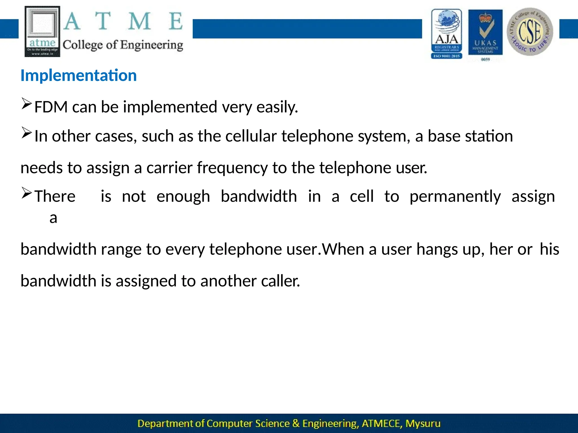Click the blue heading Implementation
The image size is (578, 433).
[78, 76]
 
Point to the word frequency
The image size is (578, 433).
[232, 168]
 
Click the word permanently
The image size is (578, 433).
[455, 196]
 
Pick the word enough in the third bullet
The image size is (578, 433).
[183, 196]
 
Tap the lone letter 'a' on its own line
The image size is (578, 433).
[53, 218]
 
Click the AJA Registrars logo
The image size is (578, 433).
[446, 34]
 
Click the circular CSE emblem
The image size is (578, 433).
[530, 32]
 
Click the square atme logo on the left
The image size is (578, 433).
[42, 32]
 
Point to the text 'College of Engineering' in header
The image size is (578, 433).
[123, 45]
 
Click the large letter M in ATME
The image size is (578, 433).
[139, 21]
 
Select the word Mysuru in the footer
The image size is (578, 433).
[422, 423]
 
